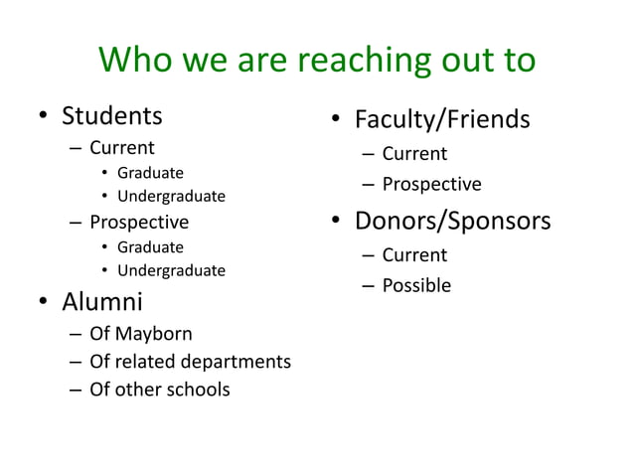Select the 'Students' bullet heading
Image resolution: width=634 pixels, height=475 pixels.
[112, 116]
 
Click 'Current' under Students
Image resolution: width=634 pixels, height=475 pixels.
[122, 149]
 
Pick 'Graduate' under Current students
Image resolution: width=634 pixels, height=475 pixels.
[150, 173]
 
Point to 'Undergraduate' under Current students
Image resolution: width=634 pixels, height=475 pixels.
[171, 196]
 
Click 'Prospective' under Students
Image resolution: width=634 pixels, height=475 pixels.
[138, 222]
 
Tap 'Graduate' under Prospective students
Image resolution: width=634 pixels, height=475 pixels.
[150, 246]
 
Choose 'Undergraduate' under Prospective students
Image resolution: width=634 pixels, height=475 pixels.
[171, 270]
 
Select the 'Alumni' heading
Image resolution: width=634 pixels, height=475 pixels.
[102, 300]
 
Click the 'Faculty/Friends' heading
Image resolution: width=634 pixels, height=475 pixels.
[442, 120]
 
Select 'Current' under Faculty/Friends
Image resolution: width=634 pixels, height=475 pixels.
[414, 154]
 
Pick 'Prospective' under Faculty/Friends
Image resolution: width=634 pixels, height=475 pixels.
[431, 185]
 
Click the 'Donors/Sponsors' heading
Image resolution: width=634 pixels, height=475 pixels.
[452, 220]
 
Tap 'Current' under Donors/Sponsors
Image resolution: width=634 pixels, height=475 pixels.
[414, 254]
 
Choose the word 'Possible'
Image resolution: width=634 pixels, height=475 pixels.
[416, 286]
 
